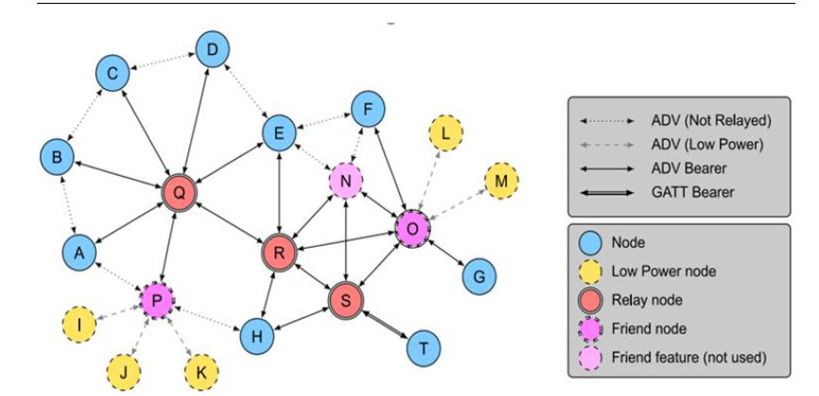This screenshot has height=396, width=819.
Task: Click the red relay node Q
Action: [x=179, y=193]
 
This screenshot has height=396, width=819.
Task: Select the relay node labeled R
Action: [x=279, y=252]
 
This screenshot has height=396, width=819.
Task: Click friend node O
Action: [x=412, y=228]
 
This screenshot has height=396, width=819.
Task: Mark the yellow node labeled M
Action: [x=501, y=180]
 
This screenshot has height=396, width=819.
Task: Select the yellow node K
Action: [x=200, y=370]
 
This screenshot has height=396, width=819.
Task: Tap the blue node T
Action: [x=423, y=348]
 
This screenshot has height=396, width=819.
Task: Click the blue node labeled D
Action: [x=213, y=48]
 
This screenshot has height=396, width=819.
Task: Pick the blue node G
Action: [x=479, y=277]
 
